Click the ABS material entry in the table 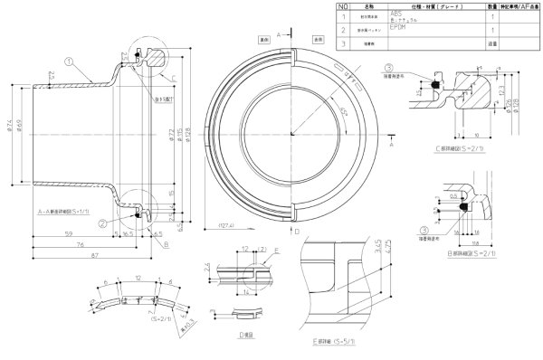pyautogui.click(x=395, y=15)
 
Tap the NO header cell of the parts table pyautogui.click(x=342, y=5)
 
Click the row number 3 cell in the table pyautogui.click(x=342, y=42)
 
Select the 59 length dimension pyautogui.click(x=69, y=236)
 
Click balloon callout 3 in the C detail pyautogui.click(x=387, y=68)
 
